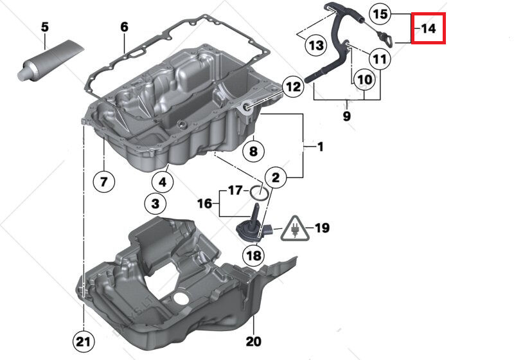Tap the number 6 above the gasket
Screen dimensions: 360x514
point(124,27)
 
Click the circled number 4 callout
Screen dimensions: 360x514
point(163,182)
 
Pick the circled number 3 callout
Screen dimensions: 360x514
point(155,205)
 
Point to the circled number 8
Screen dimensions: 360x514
point(253,152)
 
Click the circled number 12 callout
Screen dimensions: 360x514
point(292,86)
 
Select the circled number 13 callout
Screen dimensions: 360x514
point(315,45)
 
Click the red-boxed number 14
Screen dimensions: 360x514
point(429,28)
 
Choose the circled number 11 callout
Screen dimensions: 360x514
point(381,60)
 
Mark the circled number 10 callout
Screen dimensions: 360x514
point(364,80)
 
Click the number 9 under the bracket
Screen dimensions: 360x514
point(346,116)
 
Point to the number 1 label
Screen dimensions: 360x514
point(319,147)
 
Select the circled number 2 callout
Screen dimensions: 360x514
point(274,176)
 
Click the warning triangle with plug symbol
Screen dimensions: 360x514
point(295,228)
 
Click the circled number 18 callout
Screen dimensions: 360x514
point(253,255)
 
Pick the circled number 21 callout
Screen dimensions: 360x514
point(84,340)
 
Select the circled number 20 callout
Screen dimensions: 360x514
point(253,341)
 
